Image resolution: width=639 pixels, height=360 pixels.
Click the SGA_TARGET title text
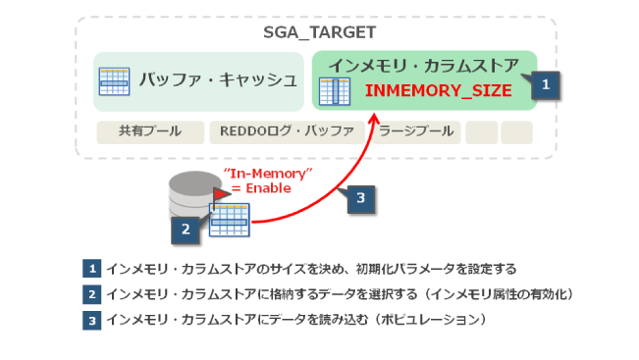(319, 32)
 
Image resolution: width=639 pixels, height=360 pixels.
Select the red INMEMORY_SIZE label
(438, 90)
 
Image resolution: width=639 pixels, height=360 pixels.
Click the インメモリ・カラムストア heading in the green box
(423, 66)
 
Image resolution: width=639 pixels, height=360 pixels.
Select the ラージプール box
(415, 131)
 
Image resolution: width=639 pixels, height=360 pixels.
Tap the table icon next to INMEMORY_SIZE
(336, 90)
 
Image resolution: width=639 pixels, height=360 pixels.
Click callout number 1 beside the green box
(545, 84)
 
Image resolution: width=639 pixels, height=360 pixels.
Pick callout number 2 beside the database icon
(186, 230)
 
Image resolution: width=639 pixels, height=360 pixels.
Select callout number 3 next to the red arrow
(361, 197)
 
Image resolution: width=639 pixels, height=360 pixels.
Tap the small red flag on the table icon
(221, 194)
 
